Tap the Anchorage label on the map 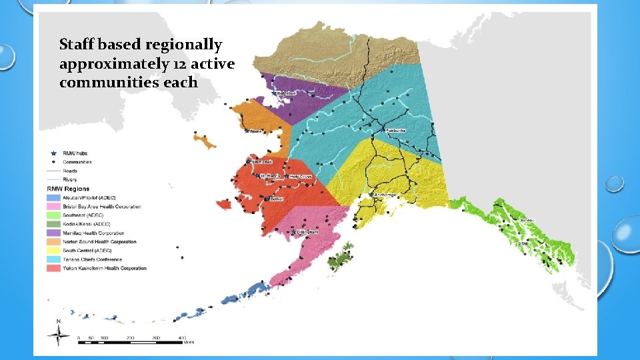385,195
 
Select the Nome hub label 256,131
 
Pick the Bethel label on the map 275,199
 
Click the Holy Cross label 300,177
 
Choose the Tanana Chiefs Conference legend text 92,259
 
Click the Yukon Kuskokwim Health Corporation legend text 105,268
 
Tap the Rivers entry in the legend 69,179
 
